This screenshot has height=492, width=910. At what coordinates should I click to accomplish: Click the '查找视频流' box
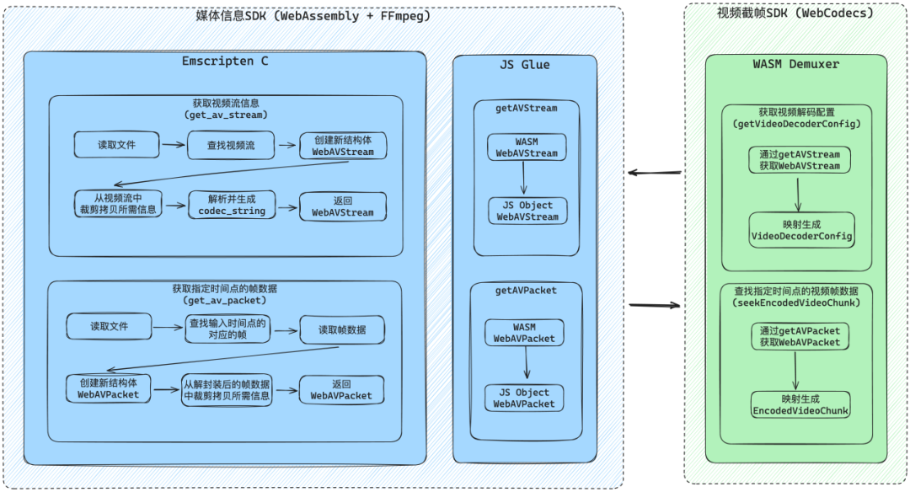point(230,145)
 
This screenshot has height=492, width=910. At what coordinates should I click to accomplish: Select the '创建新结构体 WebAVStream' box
point(343,146)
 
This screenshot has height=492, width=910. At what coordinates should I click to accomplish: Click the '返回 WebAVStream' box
point(343,206)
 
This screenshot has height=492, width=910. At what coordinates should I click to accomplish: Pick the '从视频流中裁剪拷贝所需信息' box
point(117,204)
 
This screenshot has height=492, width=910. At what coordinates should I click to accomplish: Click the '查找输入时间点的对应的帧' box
point(227,329)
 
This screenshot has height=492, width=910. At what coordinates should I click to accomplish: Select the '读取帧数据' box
point(342,329)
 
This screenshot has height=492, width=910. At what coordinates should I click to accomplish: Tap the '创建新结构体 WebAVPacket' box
point(109,388)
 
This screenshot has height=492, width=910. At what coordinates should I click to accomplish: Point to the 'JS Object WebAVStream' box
point(527,211)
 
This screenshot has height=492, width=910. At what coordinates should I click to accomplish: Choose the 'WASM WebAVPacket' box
point(524,332)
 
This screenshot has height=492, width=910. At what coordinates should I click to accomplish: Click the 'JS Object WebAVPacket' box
point(524,398)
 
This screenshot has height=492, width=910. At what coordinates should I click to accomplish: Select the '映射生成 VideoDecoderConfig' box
point(801,231)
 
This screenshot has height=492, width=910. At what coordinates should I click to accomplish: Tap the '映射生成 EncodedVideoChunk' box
point(800,405)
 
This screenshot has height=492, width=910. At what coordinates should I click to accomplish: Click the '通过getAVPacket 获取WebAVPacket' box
point(800,336)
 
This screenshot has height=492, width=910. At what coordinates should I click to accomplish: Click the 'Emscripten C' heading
point(225,61)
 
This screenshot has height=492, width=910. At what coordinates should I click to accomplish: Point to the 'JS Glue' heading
point(524,65)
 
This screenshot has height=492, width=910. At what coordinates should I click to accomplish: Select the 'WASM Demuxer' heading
point(795,64)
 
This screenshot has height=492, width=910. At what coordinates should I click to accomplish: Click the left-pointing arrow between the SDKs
point(654,174)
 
